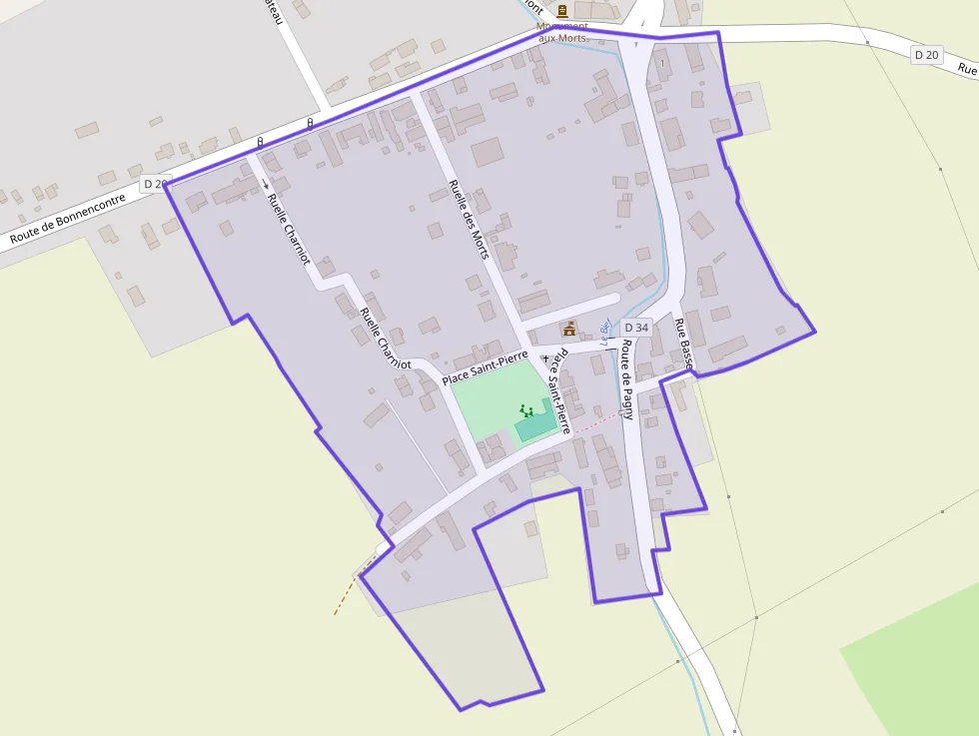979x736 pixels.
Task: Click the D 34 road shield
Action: pyautogui.click(x=636, y=328)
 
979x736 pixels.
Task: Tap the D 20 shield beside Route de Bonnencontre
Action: pyautogui.click(x=155, y=184)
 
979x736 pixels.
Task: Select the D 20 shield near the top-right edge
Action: pyautogui.click(x=926, y=55)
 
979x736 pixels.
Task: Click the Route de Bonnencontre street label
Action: pyautogui.click(x=68, y=219)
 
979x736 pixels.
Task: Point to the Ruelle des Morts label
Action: pyautogui.click(x=469, y=219)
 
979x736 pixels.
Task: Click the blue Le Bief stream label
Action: pyautogui.click(x=604, y=333)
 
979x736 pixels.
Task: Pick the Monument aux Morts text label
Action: pyautogui.click(x=562, y=32)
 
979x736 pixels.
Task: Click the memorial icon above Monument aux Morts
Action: pyautogui.click(x=562, y=11)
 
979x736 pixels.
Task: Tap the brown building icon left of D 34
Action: pyautogui.click(x=569, y=328)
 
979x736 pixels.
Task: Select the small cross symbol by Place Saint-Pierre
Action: pyautogui.click(x=544, y=357)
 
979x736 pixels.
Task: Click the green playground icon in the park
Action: pyautogui.click(x=525, y=409)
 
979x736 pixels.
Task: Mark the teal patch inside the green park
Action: pyautogui.click(x=535, y=424)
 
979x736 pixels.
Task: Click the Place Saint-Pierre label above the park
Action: pyautogui.click(x=485, y=368)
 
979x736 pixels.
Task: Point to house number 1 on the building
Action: pyautogui.click(x=661, y=64)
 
